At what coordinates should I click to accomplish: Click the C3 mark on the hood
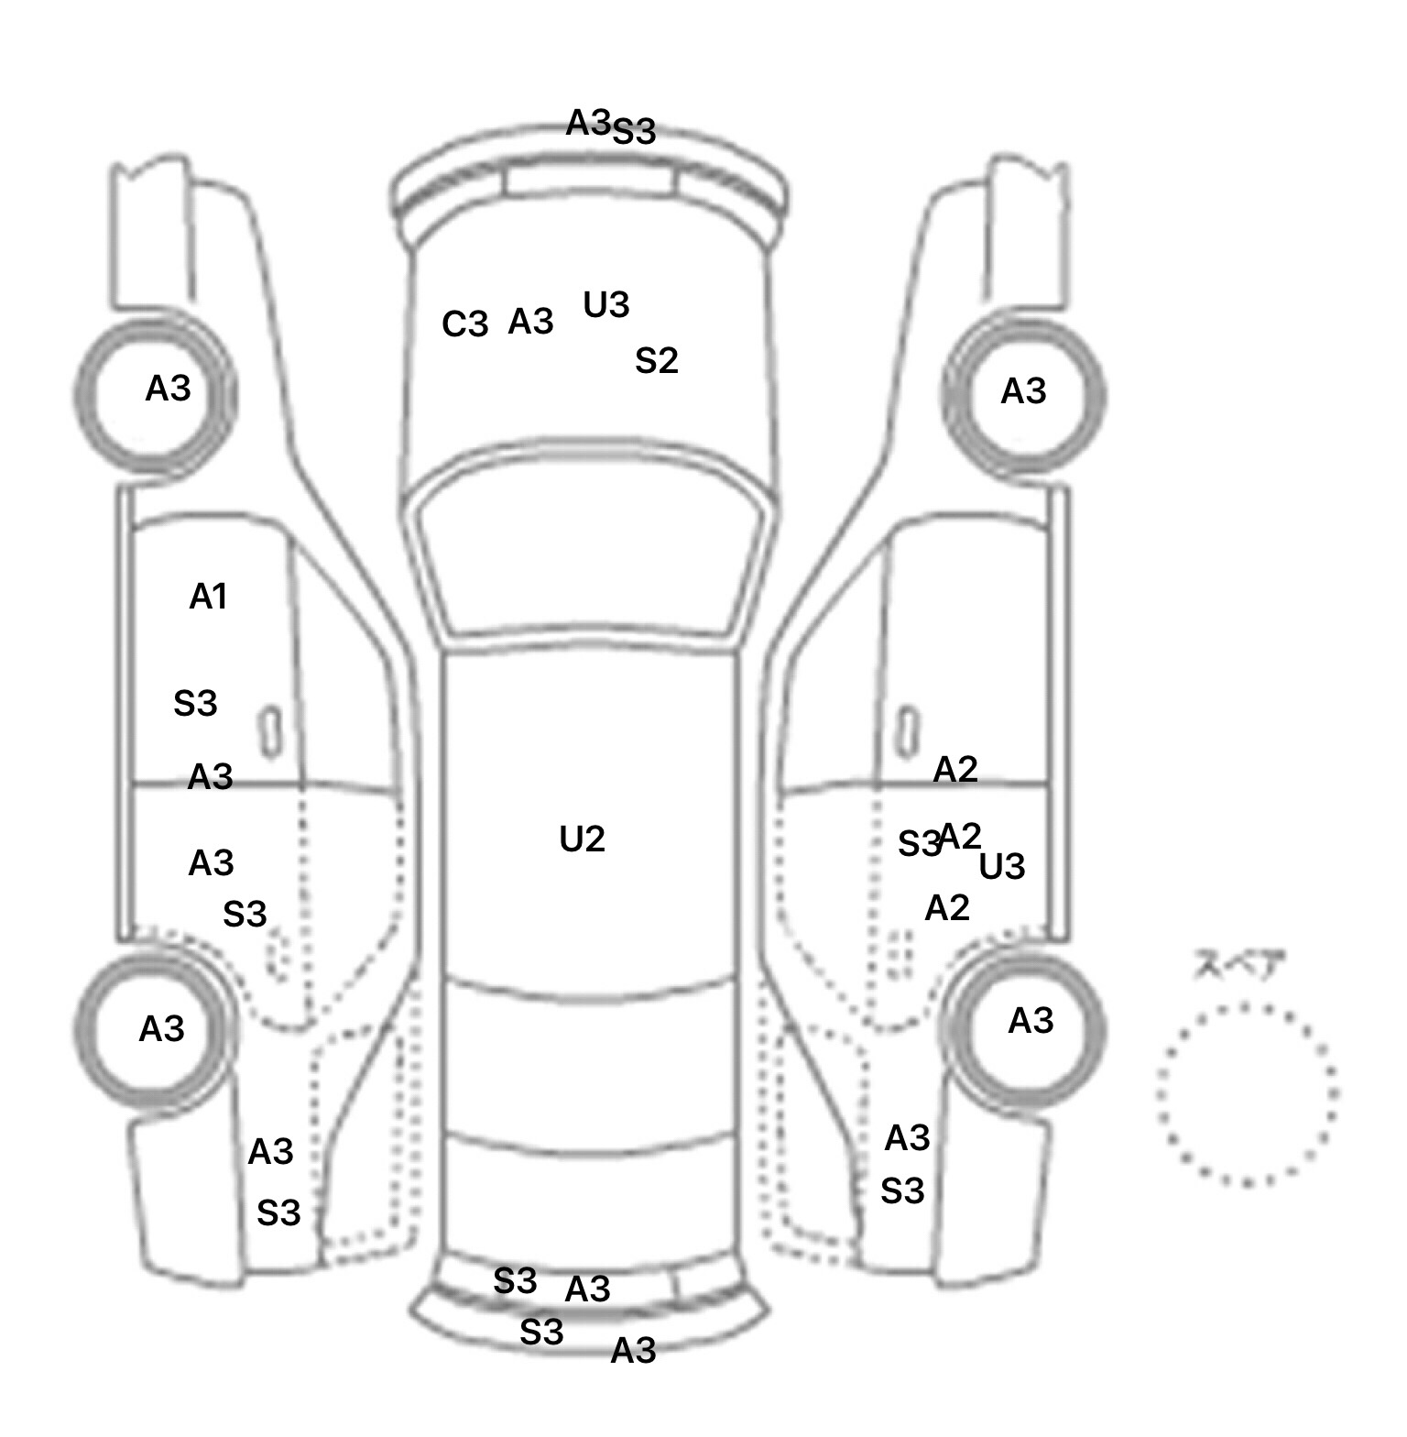pyautogui.click(x=465, y=324)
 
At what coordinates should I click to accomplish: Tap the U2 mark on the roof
pyautogui.click(x=582, y=839)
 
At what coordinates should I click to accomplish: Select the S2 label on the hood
pyautogui.click(x=657, y=361)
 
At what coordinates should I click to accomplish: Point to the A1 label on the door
pyautogui.click(x=208, y=598)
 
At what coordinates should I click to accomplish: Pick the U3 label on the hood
pyautogui.click(x=606, y=305)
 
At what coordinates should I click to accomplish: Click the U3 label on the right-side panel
pyautogui.click(x=1002, y=867)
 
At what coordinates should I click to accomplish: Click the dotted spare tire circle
pyautogui.click(x=1248, y=1094)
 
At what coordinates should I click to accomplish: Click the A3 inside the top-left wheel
pyautogui.click(x=169, y=389)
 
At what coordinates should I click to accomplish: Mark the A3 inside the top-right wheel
pyautogui.click(x=1023, y=392)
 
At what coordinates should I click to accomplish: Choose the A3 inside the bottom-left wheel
pyautogui.click(x=162, y=1030)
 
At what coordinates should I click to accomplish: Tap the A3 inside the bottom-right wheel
pyautogui.click(x=1031, y=1021)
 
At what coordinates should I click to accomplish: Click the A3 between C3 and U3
pyautogui.click(x=531, y=322)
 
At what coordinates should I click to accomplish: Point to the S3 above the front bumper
pyautogui.click(x=634, y=132)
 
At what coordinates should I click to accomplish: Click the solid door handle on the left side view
pyautogui.click(x=270, y=732)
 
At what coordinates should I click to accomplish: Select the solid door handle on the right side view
pyautogui.click(x=907, y=730)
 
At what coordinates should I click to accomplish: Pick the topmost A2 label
pyautogui.click(x=955, y=770)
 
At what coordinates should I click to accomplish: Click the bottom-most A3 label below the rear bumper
pyautogui.click(x=634, y=1351)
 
